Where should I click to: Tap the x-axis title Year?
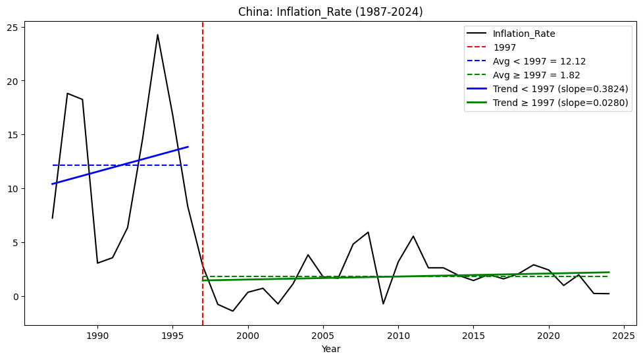click(x=331, y=349)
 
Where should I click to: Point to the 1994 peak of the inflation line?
click(x=157, y=35)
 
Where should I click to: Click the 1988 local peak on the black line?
click(x=67, y=93)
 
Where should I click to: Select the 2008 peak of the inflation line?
click(x=368, y=232)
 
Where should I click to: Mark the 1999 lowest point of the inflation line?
click(x=232, y=311)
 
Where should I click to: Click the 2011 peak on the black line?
click(x=413, y=236)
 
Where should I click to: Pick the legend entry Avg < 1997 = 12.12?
click(x=539, y=61)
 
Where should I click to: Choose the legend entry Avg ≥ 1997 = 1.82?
click(x=536, y=75)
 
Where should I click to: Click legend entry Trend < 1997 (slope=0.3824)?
click(x=560, y=89)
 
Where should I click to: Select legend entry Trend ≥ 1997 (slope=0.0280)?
click(x=560, y=103)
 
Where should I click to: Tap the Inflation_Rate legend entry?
click(x=524, y=34)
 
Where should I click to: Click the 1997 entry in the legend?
click(x=505, y=47)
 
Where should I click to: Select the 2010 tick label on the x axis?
click(x=398, y=334)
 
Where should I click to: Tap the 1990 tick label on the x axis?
click(x=97, y=334)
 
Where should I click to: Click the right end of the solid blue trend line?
click(x=188, y=147)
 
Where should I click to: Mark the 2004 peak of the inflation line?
click(x=308, y=255)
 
